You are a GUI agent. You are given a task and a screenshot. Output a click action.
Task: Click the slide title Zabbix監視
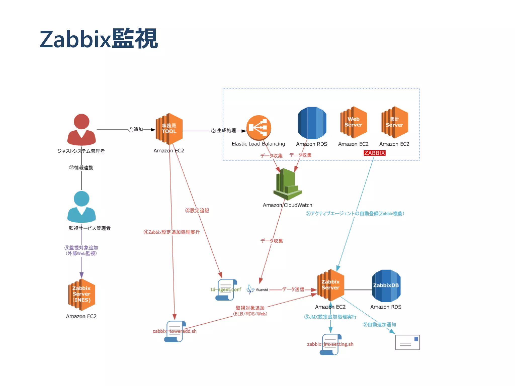pyautogui.click(x=99, y=39)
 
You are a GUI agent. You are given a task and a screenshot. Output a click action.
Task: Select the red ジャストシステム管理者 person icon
pyautogui.click(x=81, y=130)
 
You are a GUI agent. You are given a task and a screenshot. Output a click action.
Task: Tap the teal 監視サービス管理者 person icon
pyautogui.click(x=81, y=207)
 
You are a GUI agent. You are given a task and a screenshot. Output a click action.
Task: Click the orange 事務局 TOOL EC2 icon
pyautogui.click(x=169, y=129)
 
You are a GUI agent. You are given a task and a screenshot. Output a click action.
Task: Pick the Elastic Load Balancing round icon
pyautogui.click(x=259, y=128)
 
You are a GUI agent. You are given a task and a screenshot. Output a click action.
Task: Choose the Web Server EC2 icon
pyautogui.click(x=354, y=122)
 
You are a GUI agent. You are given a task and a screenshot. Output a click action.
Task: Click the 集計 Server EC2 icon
pyautogui.click(x=395, y=122)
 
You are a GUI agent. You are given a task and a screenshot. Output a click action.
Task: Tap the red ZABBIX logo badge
pyautogui.click(x=374, y=153)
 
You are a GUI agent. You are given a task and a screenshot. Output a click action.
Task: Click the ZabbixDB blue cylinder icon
pyautogui.click(x=386, y=286)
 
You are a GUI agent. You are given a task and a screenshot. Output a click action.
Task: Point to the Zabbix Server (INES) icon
pyautogui.click(x=81, y=294)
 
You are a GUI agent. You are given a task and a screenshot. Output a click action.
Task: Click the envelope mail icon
pyautogui.click(x=407, y=342)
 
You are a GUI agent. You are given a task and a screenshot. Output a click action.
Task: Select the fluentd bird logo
pyautogui.click(x=250, y=289)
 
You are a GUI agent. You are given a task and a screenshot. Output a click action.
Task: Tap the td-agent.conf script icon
pyautogui.click(x=226, y=289)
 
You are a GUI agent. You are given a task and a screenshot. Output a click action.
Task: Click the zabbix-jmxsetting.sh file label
pyautogui.click(x=330, y=344)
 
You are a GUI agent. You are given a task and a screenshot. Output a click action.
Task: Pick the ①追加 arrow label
pyautogui.click(x=136, y=129)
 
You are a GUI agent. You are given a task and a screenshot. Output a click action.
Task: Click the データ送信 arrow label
pyautogui.click(x=293, y=289)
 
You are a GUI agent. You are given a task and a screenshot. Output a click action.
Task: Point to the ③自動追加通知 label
pyautogui.click(x=379, y=324)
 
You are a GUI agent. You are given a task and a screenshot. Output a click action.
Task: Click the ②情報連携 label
pyautogui.click(x=81, y=168)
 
